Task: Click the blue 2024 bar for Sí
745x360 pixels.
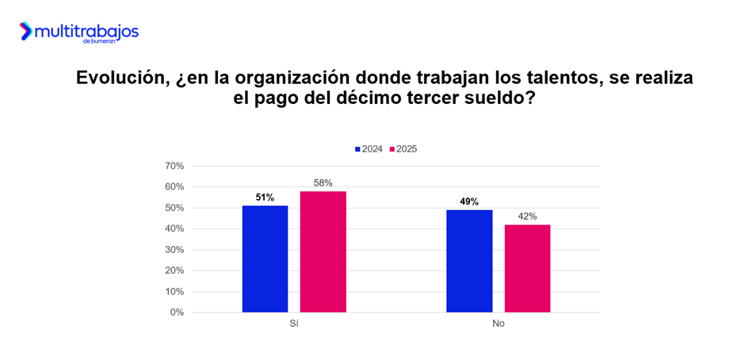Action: point(265,259)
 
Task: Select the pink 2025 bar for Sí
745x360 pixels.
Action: point(323,252)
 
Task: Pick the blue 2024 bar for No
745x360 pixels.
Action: point(469,261)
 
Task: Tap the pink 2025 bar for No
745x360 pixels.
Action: point(527,269)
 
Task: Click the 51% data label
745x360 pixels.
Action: point(265,197)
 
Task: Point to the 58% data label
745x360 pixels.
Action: point(323,183)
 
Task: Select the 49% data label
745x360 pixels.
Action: point(469,201)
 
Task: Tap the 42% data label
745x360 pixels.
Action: point(527,216)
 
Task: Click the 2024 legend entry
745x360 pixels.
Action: point(369,149)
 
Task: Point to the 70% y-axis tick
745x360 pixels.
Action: point(174,167)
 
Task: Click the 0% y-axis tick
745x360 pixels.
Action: point(177,312)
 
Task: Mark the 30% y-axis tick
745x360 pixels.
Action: point(174,250)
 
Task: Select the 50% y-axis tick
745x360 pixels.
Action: point(174,208)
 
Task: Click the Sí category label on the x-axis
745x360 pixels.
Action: point(294,324)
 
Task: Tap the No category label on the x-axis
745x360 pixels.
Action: point(498,324)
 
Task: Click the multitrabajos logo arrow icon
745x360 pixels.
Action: point(25,31)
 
